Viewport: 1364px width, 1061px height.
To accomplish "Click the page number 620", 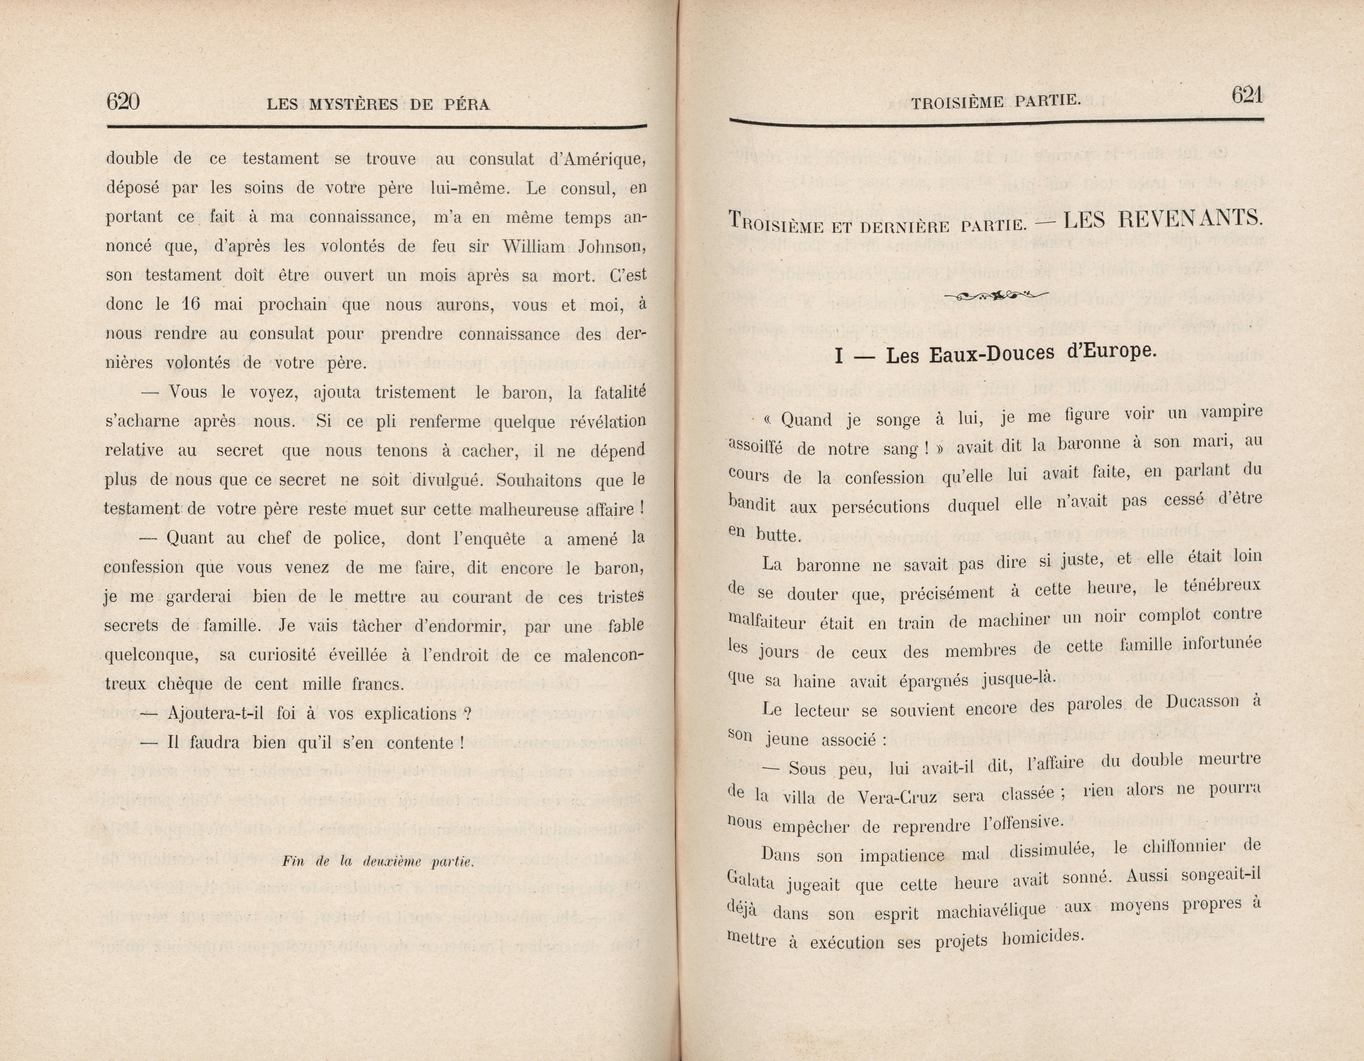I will click(123, 101).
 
